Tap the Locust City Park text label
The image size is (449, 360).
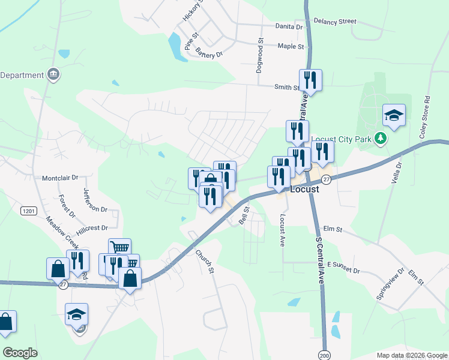[343, 139]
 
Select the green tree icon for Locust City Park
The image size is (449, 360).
[380, 139]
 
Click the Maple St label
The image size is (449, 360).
[291, 46]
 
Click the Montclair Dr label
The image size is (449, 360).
[60, 178]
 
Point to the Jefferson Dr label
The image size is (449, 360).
[95, 199]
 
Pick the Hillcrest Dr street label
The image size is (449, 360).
[92, 228]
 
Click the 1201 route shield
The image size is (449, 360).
[28, 211]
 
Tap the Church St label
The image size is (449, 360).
[205, 262]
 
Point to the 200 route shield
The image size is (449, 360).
[325, 354]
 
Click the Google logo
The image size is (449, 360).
[20, 353]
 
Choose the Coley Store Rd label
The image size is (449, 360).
[427, 115]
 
